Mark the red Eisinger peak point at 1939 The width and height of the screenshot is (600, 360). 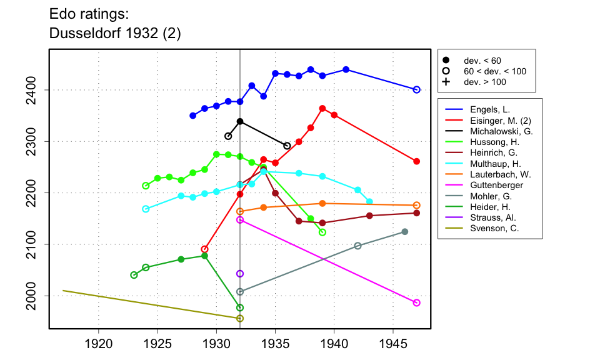322,108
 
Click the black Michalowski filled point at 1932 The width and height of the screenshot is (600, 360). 240,121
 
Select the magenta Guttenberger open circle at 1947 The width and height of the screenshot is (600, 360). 417,302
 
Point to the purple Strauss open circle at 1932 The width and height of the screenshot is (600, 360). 240,274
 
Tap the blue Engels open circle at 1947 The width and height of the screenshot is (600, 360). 417,89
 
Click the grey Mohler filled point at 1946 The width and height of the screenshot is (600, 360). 405,232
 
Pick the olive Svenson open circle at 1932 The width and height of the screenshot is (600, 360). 240,318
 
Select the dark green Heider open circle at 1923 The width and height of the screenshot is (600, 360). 134,275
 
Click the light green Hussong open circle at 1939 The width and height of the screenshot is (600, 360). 322,232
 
